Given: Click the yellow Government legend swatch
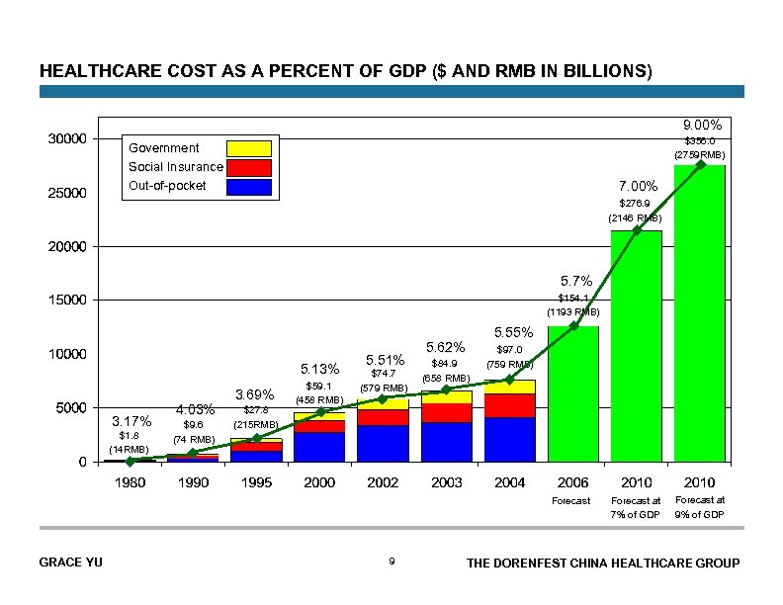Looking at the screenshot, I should [248, 148].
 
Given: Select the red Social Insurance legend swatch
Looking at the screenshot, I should [248, 167].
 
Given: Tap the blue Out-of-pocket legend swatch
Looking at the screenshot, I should [248, 186].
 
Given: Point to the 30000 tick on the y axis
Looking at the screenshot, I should [67, 138].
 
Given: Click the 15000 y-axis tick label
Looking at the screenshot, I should [67, 300].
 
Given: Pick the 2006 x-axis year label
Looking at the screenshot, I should [573, 482].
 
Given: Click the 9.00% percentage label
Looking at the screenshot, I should [702, 126].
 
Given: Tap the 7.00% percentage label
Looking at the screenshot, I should [638, 186].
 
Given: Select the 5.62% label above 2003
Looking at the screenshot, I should [446, 347].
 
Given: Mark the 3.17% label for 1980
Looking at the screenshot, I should [130, 420].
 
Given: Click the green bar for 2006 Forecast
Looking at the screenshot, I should [573, 395].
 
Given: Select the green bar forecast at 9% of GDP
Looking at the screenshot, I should [700, 316].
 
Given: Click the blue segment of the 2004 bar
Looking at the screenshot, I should [510, 439].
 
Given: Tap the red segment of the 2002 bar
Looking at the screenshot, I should [383, 417].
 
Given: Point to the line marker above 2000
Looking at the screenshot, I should [319, 411].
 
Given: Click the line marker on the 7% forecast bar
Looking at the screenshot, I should [637, 230].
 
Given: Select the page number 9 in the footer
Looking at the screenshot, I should [391, 562].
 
